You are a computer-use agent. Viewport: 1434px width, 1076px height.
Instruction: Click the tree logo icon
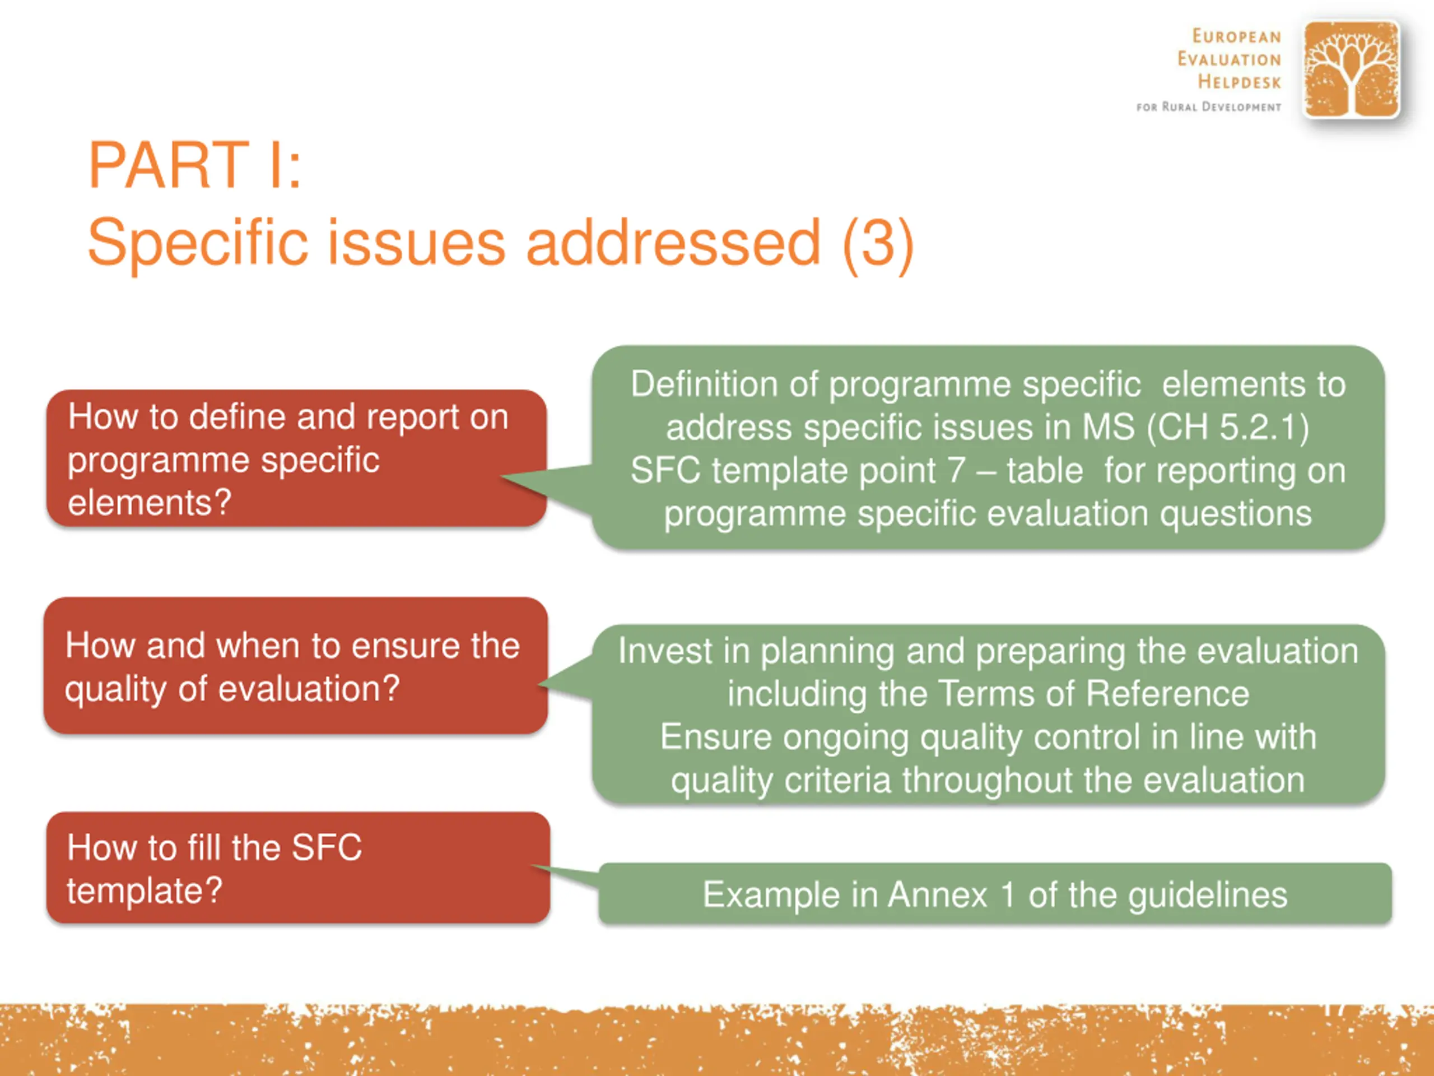[x=1351, y=69]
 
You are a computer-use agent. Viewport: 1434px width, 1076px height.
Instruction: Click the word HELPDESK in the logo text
[x=1239, y=82]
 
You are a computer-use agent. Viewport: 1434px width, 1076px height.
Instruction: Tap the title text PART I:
[x=195, y=165]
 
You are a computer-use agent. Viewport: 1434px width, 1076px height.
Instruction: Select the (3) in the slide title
[x=878, y=243]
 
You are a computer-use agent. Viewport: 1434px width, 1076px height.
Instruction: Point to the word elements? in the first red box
[x=149, y=502]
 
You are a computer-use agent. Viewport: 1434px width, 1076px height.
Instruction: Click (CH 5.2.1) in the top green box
[x=1228, y=428]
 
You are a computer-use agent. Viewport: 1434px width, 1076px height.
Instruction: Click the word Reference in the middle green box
[x=1167, y=693]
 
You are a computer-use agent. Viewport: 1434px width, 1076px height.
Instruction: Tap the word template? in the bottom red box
[x=145, y=891]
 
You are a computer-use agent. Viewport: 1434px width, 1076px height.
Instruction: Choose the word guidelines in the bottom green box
[x=1208, y=896]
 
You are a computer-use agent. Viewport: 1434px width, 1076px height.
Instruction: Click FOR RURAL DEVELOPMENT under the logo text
[x=1209, y=106]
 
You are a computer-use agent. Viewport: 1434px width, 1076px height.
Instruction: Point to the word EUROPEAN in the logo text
[x=1237, y=36]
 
